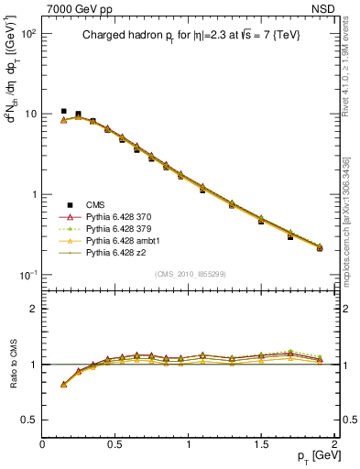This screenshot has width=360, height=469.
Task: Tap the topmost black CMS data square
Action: coord(63,112)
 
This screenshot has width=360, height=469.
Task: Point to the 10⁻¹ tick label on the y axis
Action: coord(27,275)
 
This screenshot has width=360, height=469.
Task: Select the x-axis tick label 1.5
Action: coord(262,444)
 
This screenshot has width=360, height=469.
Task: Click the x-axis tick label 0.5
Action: coord(115,444)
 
